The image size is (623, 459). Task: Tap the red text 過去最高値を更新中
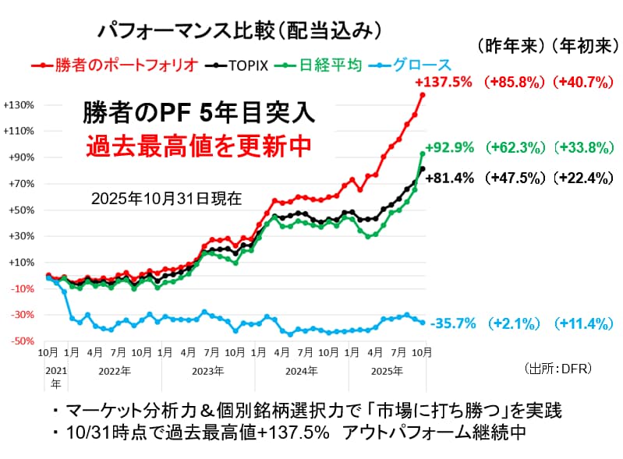coord(188,144)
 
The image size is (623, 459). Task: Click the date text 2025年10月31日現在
coord(166,198)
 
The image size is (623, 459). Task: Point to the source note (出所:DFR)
coord(561,367)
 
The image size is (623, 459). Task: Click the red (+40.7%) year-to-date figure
coord(577,82)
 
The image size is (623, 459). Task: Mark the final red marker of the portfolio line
coord(423,94)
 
